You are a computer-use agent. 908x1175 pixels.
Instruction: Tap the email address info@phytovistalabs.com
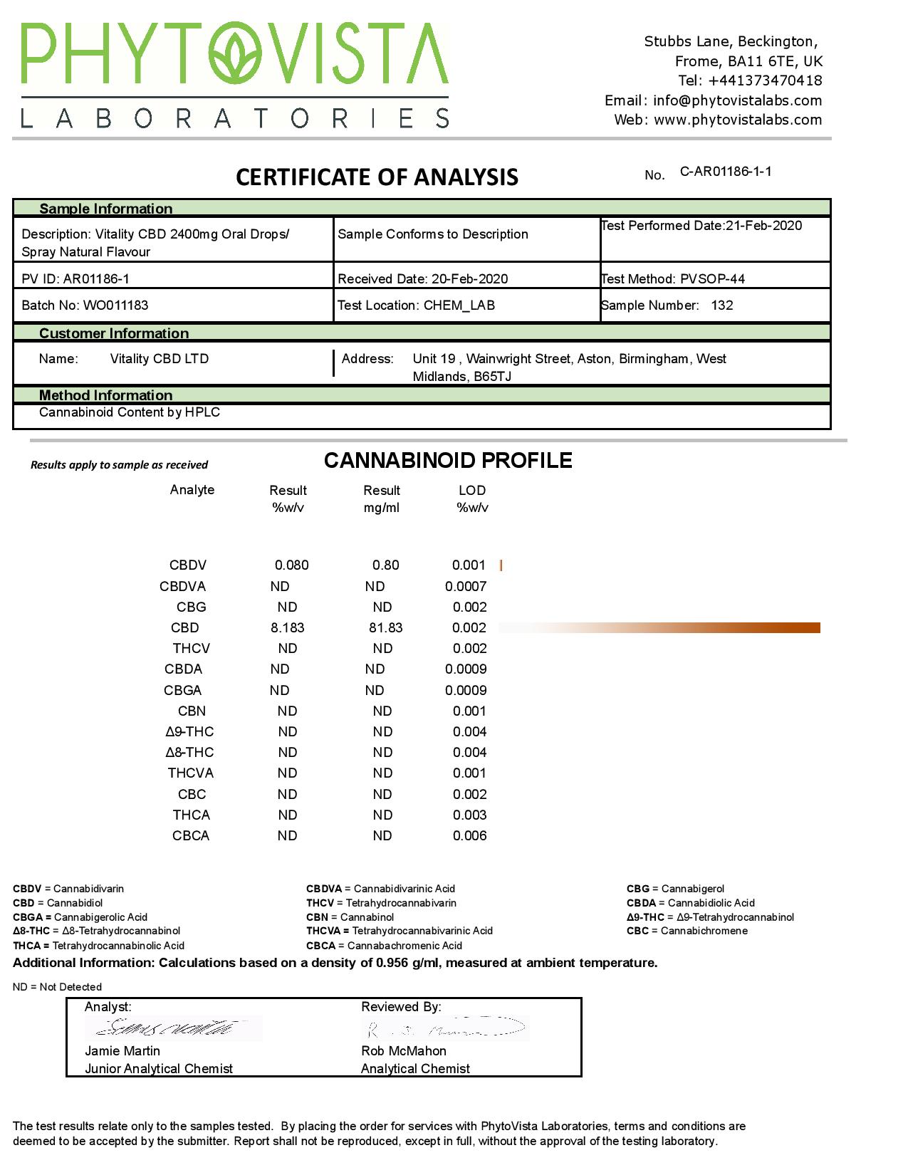tap(737, 100)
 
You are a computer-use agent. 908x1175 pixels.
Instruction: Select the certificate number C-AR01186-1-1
tap(726, 172)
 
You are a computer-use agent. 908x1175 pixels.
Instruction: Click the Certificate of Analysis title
tap(377, 177)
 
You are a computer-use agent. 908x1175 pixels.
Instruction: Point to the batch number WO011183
tap(116, 305)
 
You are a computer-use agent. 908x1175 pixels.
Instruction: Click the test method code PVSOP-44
tap(712, 279)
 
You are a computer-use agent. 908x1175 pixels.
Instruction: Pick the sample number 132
tap(721, 305)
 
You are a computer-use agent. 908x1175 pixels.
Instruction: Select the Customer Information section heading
tap(114, 333)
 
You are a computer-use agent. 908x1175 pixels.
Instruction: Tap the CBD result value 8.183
tap(288, 628)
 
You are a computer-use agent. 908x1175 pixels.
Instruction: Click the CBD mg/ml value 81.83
tap(385, 628)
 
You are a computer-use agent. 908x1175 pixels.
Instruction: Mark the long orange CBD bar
tap(659, 627)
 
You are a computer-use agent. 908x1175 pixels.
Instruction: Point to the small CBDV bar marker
tap(501, 565)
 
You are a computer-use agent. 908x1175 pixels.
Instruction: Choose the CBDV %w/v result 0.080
tap(292, 565)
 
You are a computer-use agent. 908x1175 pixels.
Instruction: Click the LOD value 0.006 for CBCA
tap(470, 836)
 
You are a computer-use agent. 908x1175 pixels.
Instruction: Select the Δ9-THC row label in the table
tap(189, 732)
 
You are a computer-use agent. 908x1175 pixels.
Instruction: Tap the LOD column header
tap(472, 491)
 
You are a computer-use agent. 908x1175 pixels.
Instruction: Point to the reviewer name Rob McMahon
tap(404, 1051)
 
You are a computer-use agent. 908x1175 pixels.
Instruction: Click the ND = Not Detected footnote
tap(57, 987)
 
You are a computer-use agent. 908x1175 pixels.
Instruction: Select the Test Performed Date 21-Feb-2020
tap(763, 226)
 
